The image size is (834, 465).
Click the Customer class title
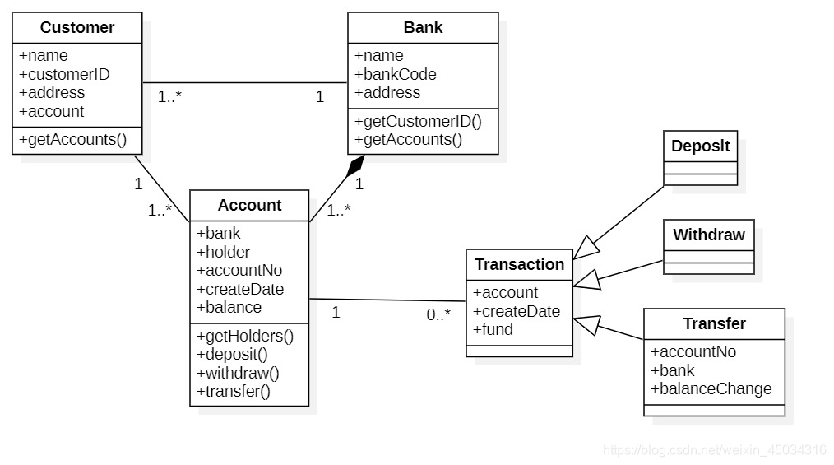tap(77, 27)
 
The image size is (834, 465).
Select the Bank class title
tap(423, 27)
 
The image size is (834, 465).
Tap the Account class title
tap(249, 205)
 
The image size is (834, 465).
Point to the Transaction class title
tap(519, 264)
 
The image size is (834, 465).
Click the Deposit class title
tap(700, 146)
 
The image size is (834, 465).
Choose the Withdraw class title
tap(708, 235)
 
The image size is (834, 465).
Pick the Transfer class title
tap(714, 323)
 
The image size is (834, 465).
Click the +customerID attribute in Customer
tap(64, 74)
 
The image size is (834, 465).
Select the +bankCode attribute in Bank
tap(395, 74)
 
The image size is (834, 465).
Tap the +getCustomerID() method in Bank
tap(418, 121)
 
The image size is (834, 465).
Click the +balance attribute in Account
tap(229, 307)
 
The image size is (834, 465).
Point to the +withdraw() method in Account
tap(238, 373)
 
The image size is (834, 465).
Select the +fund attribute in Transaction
tap(493, 329)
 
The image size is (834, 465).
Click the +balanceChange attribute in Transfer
tap(711, 389)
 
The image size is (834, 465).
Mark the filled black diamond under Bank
tap(355, 165)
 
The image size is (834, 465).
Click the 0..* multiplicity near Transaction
tap(438, 314)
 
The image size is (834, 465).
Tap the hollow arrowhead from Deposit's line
tap(586, 248)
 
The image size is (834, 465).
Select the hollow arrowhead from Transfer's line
tap(586, 324)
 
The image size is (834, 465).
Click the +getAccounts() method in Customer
tap(73, 139)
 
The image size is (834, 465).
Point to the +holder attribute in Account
tap(223, 252)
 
